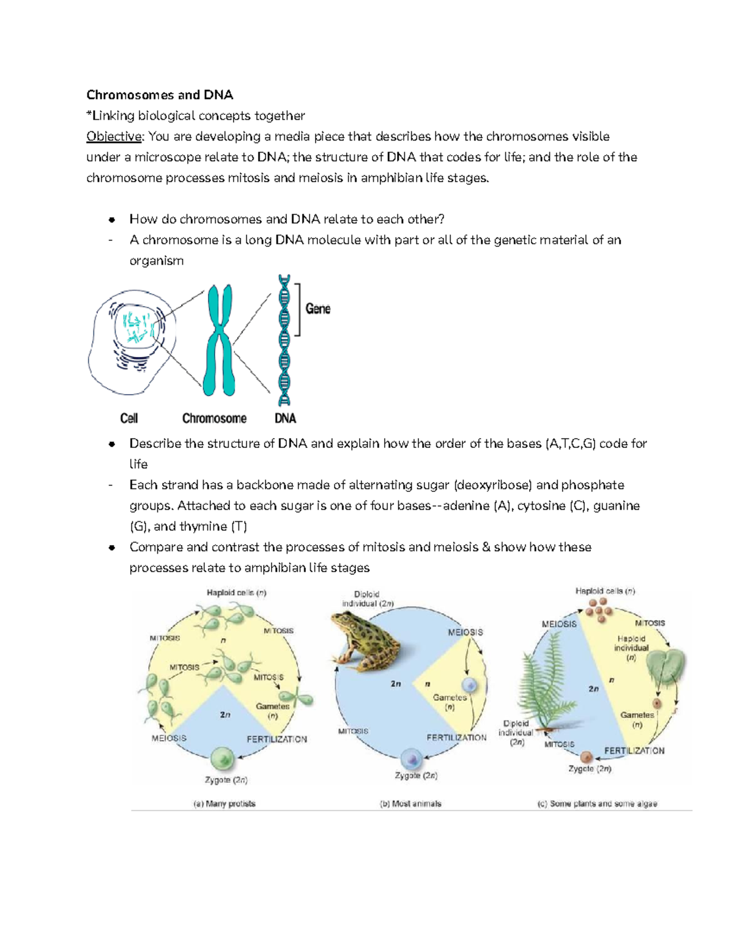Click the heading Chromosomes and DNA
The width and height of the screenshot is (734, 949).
pos(160,95)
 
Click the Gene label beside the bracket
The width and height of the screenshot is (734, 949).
pos(317,309)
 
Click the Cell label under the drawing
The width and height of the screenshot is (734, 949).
pos(129,418)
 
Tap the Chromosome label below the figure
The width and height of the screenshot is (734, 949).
pos(214,418)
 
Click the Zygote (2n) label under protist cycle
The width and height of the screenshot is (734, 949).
pos(226,780)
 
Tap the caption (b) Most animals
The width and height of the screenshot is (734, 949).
pos(410,804)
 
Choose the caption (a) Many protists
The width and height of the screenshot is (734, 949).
pos(224,804)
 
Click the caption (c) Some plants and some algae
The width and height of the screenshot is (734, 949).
pos(597,804)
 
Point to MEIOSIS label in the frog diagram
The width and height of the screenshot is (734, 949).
pos(465,632)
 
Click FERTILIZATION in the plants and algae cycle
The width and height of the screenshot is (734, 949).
pos(634,750)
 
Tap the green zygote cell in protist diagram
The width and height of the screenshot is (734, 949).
pos(222,759)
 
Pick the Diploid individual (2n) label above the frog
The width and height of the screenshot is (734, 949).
pos(367,598)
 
